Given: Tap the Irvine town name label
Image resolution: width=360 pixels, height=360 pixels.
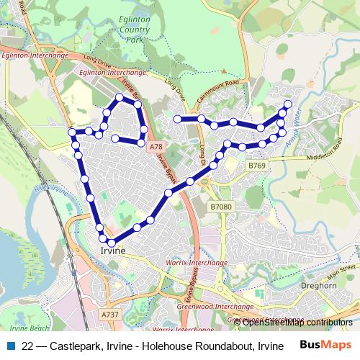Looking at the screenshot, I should click(x=113, y=250).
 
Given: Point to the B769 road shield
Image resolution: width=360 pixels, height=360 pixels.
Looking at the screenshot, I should click(x=257, y=166).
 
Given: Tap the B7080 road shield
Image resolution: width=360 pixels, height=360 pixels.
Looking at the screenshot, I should click(x=222, y=207).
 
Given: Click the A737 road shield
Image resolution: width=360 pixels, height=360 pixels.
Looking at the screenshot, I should click(x=110, y=315).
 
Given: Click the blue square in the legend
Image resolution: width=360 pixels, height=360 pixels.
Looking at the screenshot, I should click(x=10, y=345).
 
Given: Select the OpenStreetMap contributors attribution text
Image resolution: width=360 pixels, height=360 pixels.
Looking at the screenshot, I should click(x=297, y=323).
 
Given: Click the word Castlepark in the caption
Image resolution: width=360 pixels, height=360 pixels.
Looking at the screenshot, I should click(x=71, y=345).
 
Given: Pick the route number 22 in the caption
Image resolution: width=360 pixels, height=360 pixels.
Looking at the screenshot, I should click(x=28, y=345).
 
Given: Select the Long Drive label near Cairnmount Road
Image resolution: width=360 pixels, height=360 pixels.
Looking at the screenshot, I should click(x=175, y=90).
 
